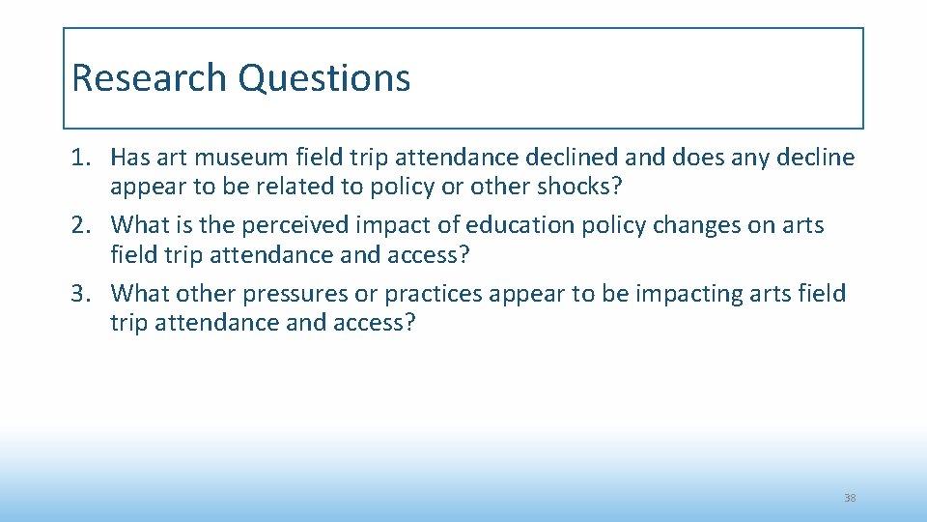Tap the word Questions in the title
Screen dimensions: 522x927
point(324,78)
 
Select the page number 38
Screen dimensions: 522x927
point(850,498)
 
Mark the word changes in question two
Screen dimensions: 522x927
point(709,225)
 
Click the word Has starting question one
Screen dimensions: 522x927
point(131,157)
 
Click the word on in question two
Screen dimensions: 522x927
point(767,225)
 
